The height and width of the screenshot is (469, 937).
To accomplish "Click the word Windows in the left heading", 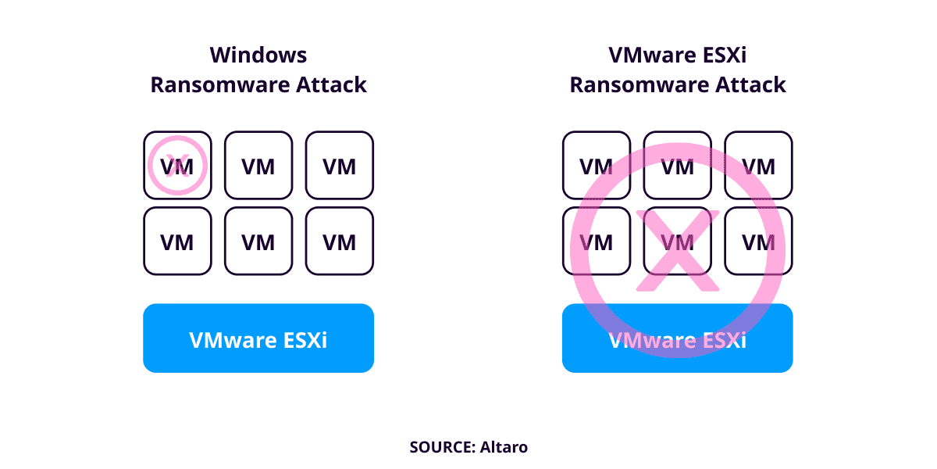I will click(258, 55).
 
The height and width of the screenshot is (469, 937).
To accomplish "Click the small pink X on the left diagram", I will click(178, 165).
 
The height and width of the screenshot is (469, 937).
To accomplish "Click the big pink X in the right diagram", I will click(677, 250).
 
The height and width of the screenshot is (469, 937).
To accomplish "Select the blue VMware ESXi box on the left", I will click(258, 338).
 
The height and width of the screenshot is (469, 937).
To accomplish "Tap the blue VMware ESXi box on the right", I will click(677, 338).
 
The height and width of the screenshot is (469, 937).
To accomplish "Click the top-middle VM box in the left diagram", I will click(258, 165).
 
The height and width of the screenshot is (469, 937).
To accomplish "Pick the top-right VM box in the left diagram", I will click(340, 165).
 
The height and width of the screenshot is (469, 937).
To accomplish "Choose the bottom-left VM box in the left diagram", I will click(177, 242).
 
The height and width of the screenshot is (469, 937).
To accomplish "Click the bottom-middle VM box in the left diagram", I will click(258, 242).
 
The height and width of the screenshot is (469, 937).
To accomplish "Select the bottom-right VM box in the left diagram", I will click(340, 242).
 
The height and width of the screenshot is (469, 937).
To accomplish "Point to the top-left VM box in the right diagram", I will click(597, 165).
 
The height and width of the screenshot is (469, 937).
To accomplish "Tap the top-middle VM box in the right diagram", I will click(678, 165).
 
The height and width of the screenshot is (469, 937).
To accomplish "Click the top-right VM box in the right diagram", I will click(759, 165).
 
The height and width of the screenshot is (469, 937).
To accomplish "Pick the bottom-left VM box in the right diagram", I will click(597, 242).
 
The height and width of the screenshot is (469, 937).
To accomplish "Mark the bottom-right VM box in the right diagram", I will click(759, 242).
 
